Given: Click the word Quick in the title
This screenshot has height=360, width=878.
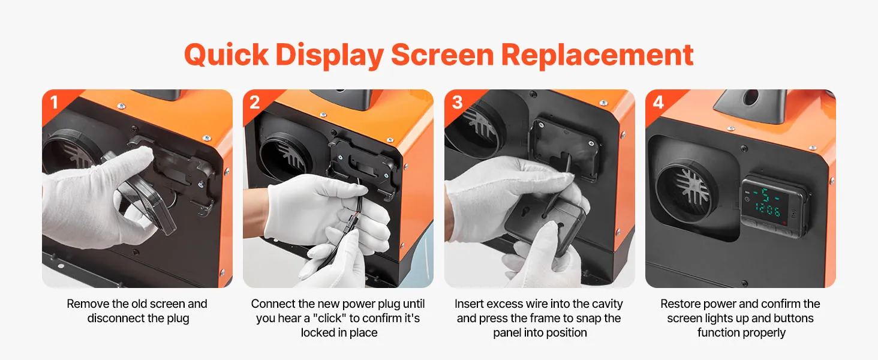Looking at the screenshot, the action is pos(226,55).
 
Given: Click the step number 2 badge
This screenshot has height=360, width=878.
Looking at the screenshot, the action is pos(255,103).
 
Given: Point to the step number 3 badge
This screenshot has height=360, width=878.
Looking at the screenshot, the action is pos(457,103).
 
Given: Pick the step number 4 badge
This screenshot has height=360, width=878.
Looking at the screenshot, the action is pos(659,103).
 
